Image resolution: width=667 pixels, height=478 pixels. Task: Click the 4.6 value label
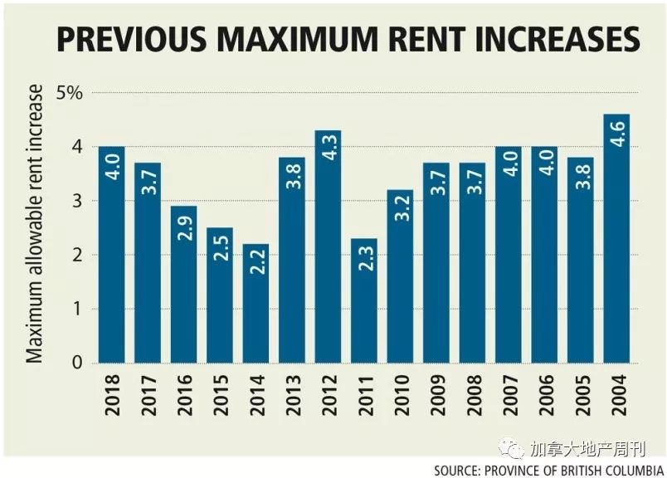(x=617, y=131)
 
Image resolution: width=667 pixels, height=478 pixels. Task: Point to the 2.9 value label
(x=183, y=223)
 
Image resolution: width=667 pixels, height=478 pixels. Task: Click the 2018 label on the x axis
(x=112, y=397)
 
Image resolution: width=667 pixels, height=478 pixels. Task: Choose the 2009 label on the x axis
(x=436, y=397)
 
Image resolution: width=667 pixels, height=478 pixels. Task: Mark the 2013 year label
(x=292, y=397)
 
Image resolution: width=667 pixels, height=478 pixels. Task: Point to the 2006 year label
(x=545, y=397)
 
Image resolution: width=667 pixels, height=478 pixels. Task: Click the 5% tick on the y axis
(x=69, y=92)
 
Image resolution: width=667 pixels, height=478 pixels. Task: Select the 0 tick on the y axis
(x=77, y=363)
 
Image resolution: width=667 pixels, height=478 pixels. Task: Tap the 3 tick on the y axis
(x=77, y=201)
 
